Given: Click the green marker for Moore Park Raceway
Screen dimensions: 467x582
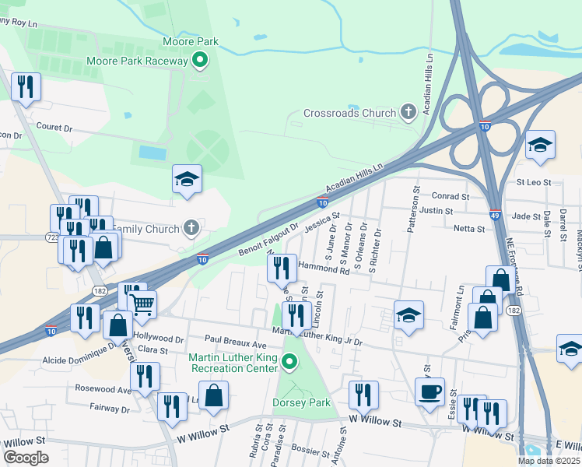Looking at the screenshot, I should pyautogui.click(x=200, y=60).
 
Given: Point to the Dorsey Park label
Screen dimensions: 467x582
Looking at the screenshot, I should pyautogui.click(x=301, y=402).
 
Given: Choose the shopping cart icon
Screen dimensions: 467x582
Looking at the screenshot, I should pyautogui.click(x=142, y=304).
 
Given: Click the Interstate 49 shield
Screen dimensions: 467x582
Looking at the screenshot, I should pyautogui.click(x=495, y=214).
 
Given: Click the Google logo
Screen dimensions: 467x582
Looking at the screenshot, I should pyautogui.click(x=26, y=458).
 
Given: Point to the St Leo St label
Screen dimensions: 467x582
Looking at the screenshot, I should pyautogui.click(x=534, y=183).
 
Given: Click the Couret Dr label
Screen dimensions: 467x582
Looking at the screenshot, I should pyautogui.click(x=54, y=127).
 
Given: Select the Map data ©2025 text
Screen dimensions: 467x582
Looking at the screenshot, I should pyautogui.click(x=549, y=461).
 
